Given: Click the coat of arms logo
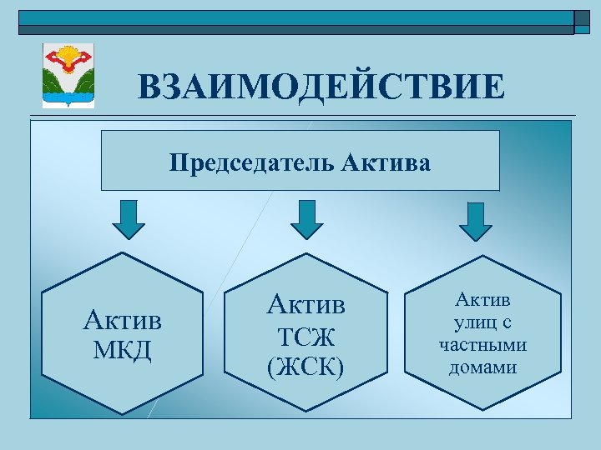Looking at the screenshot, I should pos(68,77).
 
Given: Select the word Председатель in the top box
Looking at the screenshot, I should pos(252,162).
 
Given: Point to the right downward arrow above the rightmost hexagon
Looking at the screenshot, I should pos(476,221).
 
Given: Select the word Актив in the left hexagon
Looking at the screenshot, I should pos(124,321).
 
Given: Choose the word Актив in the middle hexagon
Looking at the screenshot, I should pos(306,305).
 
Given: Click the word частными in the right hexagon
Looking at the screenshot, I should pos(482,344).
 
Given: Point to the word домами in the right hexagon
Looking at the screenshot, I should pos(482,366).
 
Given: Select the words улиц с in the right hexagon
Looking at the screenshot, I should pos(482,322).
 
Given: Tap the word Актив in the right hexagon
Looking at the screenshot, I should pos(482,299).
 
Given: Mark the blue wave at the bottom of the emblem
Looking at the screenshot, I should pos(68,99).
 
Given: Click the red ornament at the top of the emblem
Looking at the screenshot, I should pos(68,57).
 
